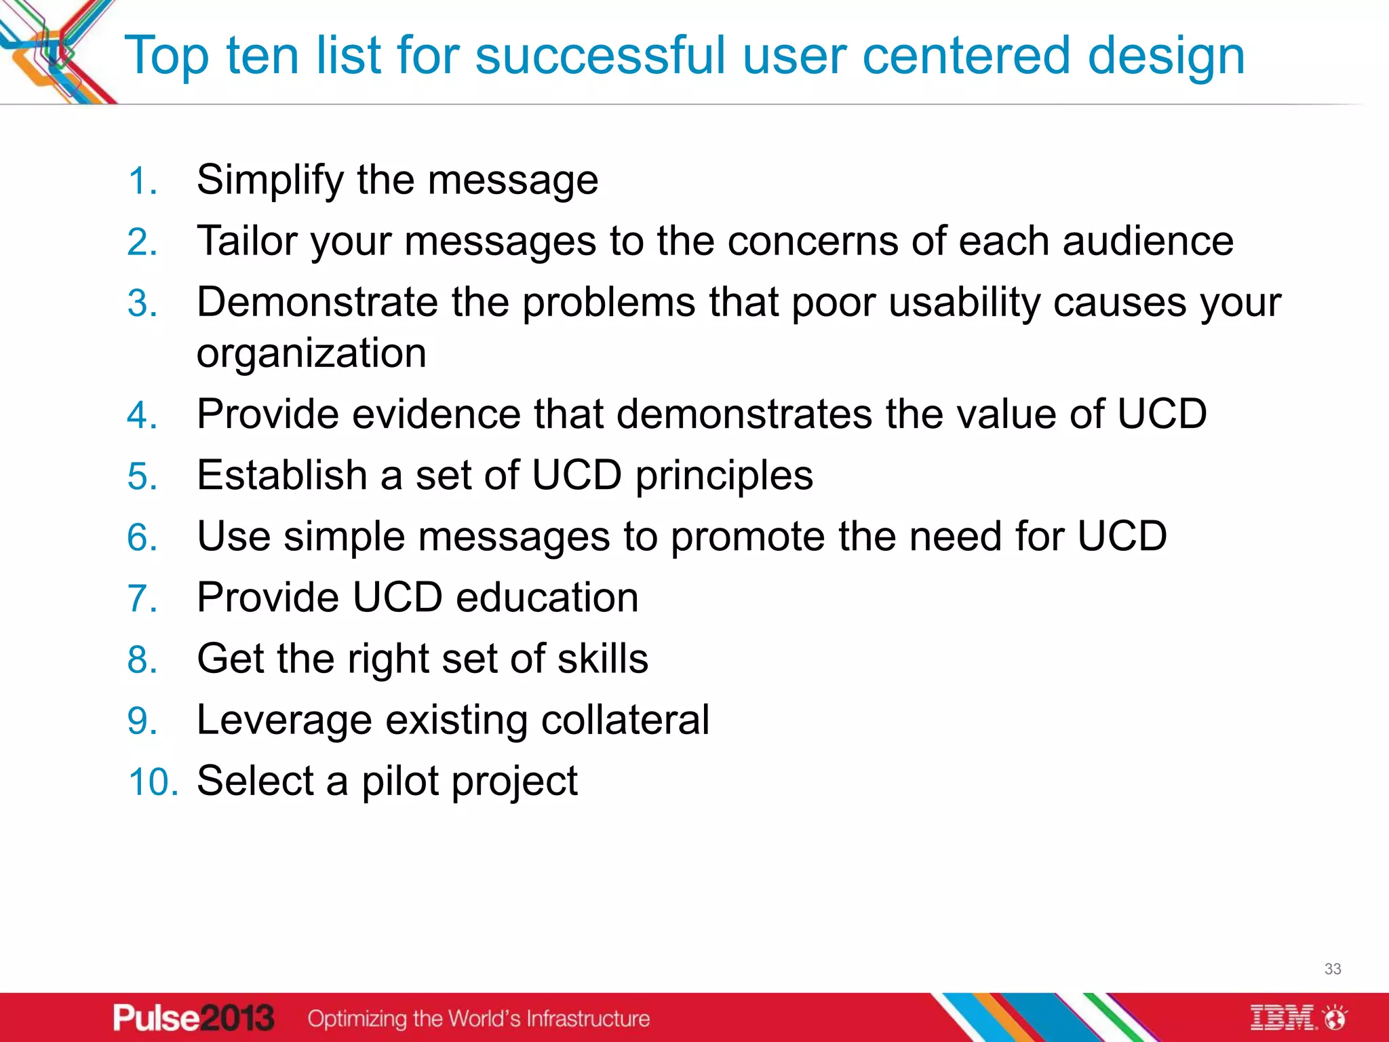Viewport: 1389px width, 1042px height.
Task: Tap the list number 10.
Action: pos(153,781)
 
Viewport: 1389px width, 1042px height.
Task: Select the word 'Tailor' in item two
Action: pos(247,241)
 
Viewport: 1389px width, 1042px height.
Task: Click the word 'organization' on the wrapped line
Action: pos(311,353)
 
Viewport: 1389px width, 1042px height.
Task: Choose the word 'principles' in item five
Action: pos(724,476)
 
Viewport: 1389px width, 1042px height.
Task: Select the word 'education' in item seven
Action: pos(547,598)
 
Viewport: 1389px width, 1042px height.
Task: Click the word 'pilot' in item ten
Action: pos(400,781)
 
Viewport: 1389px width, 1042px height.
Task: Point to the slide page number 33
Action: pos(1332,969)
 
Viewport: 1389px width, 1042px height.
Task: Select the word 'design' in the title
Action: pos(1166,56)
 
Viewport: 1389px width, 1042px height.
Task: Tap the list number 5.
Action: pos(142,476)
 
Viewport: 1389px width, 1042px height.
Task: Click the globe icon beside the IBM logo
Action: pos(1336,1018)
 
